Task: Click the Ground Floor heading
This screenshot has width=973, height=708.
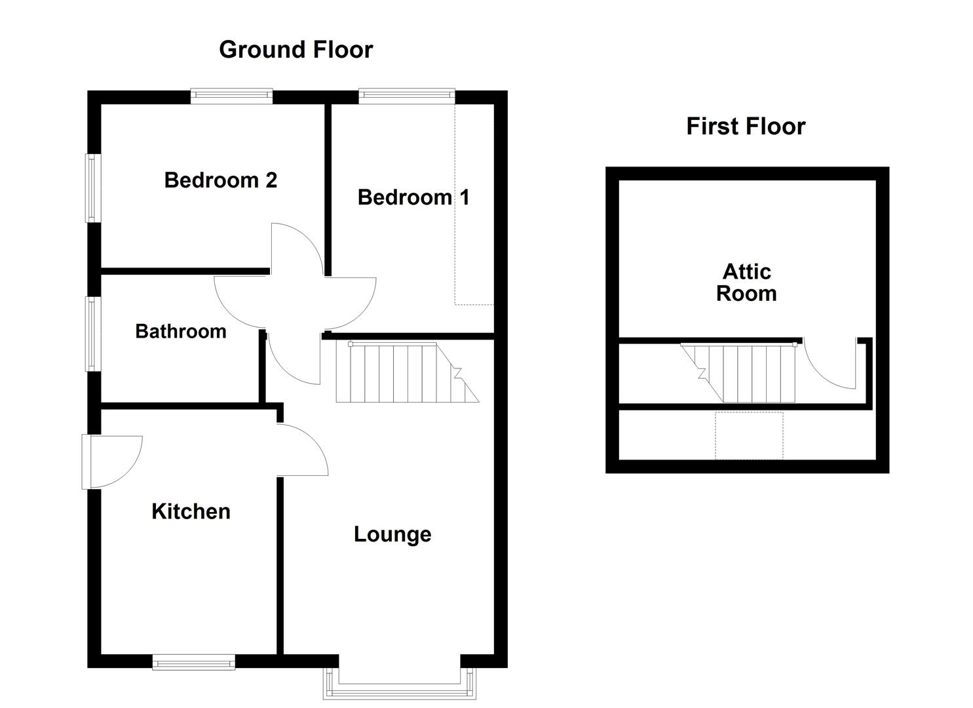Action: [296, 50]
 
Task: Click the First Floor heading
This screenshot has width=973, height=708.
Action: [746, 127]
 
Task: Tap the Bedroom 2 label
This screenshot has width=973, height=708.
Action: [220, 180]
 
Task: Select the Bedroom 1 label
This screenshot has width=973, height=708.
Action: [413, 197]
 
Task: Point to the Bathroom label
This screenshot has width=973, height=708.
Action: [181, 331]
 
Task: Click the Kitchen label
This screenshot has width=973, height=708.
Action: [191, 511]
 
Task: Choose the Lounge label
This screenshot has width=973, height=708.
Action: [392, 534]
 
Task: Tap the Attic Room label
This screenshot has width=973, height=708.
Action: [746, 283]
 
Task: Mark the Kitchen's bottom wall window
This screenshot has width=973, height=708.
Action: [193, 662]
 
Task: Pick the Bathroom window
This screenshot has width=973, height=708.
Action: [94, 334]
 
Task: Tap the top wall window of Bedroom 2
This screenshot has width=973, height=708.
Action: [231, 96]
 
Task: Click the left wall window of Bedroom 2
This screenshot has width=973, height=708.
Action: [94, 188]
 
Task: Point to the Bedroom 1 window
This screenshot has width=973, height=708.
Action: [406, 96]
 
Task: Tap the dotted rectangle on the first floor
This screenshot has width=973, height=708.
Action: [749, 435]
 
